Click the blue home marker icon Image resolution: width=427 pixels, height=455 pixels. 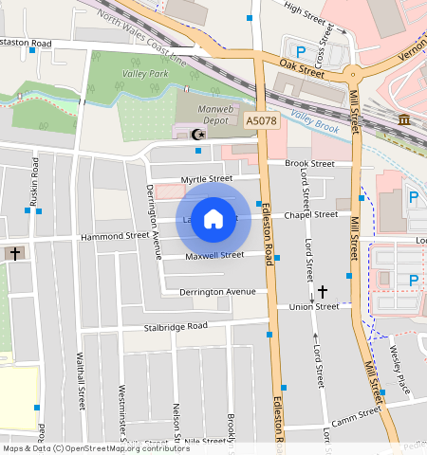pyautogui.click(x=213, y=219)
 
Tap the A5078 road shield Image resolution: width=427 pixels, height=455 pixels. pyautogui.click(x=261, y=122)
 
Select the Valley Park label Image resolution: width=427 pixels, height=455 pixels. pyautogui.click(x=145, y=73)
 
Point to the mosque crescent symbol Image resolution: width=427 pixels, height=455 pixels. pyautogui.click(x=197, y=135)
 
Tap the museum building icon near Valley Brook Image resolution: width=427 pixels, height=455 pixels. pyautogui.click(x=404, y=118)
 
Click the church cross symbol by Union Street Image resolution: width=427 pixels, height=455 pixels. pyautogui.click(x=323, y=292)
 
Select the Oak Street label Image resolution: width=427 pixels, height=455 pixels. pyautogui.click(x=303, y=64)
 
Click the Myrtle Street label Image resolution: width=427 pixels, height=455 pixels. pyautogui.click(x=206, y=178)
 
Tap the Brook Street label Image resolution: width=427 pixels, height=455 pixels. pyautogui.click(x=309, y=163)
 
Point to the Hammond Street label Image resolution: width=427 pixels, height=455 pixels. pyautogui.click(x=115, y=236)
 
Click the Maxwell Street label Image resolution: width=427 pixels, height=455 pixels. pyautogui.click(x=214, y=256)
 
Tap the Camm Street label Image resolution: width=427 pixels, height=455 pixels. pyautogui.click(x=356, y=416)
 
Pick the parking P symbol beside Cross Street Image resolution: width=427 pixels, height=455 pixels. pyautogui.click(x=302, y=51)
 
